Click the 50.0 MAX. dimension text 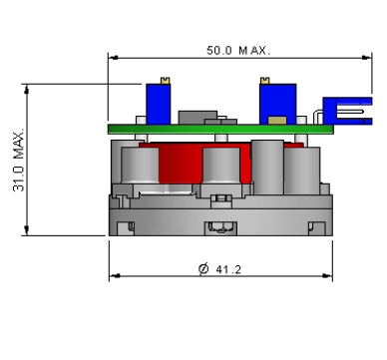238,51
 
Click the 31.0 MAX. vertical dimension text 19,160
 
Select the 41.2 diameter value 228,269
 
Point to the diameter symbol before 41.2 203,268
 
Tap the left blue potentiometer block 159,104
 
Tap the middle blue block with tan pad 277,104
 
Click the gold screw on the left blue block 166,80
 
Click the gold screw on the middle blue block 264,80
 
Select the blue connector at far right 347,111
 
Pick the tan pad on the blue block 277,120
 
